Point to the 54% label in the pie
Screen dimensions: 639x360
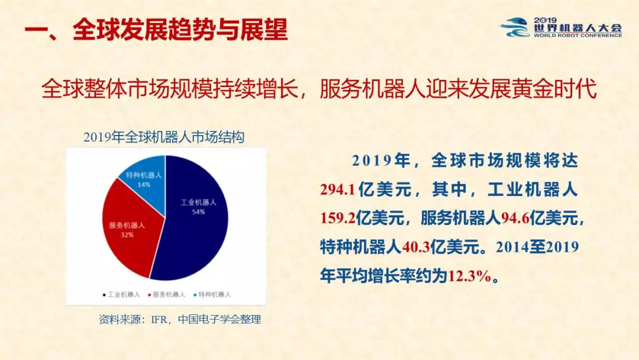point(198,212)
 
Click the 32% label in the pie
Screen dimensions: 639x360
point(127,235)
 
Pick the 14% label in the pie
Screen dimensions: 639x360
point(144,185)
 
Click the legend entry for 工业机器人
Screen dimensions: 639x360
point(121,294)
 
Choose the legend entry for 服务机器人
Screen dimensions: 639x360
point(167,294)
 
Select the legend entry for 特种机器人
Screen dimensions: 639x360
point(212,294)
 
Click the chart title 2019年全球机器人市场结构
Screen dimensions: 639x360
point(164,137)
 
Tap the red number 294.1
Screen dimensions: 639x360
point(338,189)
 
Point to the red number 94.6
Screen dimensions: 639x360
point(515,218)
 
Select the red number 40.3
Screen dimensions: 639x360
point(416,247)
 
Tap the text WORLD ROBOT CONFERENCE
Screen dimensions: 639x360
point(578,36)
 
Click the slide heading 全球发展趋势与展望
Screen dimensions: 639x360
point(180,30)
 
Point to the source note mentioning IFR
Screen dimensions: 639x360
point(180,319)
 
